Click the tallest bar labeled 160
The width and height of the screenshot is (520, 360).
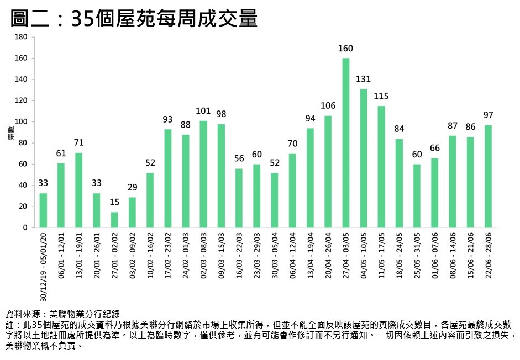point(346,143)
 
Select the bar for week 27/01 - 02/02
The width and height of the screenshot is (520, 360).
point(114,220)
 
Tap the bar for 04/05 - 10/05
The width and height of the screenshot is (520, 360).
point(364,158)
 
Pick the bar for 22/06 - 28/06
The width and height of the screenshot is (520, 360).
point(488,176)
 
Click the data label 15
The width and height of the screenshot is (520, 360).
point(114,203)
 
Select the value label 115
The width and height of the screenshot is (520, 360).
point(381,96)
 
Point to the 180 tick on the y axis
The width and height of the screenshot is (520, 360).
point(21,38)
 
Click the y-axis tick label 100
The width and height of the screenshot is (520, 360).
point(21,122)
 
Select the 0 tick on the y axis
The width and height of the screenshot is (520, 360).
point(25,227)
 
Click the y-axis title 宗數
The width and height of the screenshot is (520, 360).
point(10,133)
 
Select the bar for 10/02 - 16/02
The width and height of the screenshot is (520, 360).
point(150,200)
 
